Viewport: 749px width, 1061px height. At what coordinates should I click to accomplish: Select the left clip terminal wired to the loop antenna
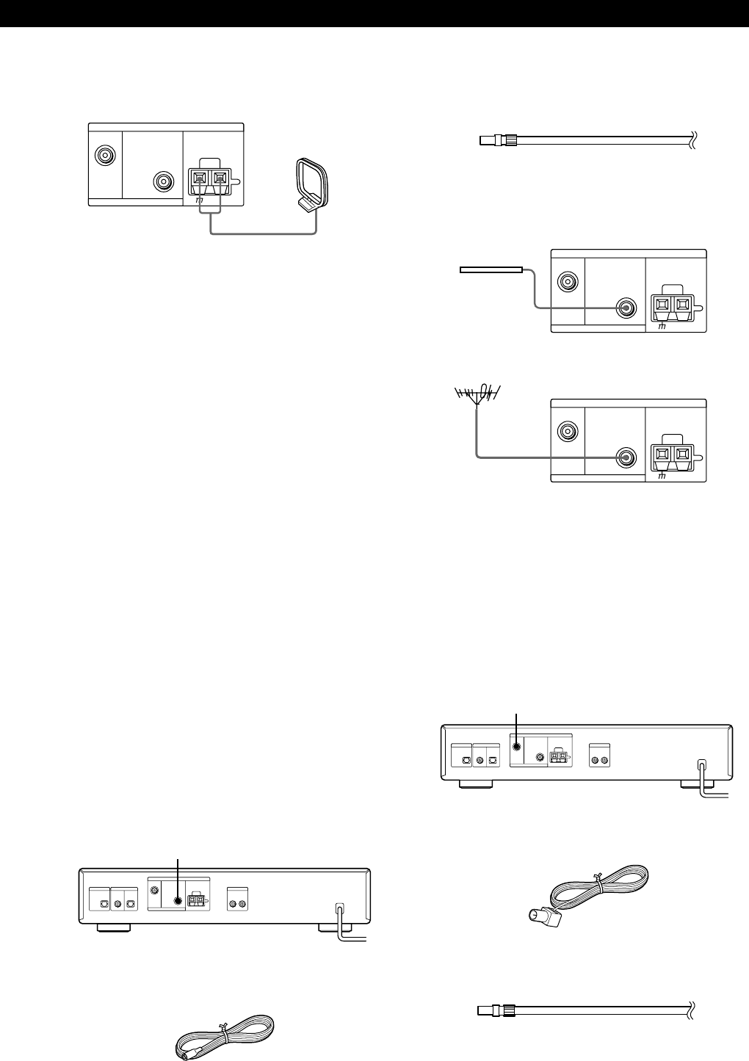[x=200, y=178]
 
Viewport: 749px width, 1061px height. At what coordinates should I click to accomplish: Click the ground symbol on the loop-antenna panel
[x=200, y=200]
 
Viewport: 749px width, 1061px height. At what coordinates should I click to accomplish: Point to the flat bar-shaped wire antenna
[x=491, y=270]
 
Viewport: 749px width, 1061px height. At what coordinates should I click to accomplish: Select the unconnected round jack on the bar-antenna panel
[x=567, y=281]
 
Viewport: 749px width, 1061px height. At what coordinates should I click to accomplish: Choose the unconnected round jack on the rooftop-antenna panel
[x=567, y=431]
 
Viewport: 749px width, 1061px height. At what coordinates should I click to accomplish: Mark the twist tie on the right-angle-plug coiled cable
[x=601, y=875]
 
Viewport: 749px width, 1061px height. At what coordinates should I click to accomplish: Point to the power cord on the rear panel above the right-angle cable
[x=703, y=777]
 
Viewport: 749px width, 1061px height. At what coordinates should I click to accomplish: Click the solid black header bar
[x=374, y=14]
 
